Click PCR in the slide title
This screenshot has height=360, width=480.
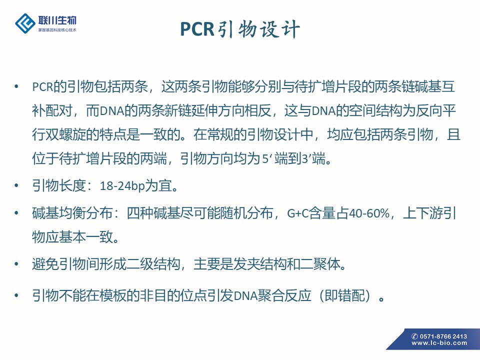click(x=197, y=29)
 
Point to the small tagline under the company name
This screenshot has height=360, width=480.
click(x=57, y=30)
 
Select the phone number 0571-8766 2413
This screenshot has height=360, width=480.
click(x=443, y=336)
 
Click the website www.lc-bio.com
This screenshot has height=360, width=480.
click(x=439, y=343)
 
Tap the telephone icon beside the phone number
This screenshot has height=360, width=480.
click(x=415, y=336)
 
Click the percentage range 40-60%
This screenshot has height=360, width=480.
click(x=369, y=213)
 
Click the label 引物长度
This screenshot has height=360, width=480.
click(x=59, y=185)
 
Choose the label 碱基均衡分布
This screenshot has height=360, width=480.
click(x=72, y=213)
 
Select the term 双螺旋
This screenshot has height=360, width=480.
click(x=66, y=134)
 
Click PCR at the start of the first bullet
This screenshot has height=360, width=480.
click(x=42, y=87)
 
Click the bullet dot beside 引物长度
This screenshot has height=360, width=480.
click(x=16, y=185)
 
